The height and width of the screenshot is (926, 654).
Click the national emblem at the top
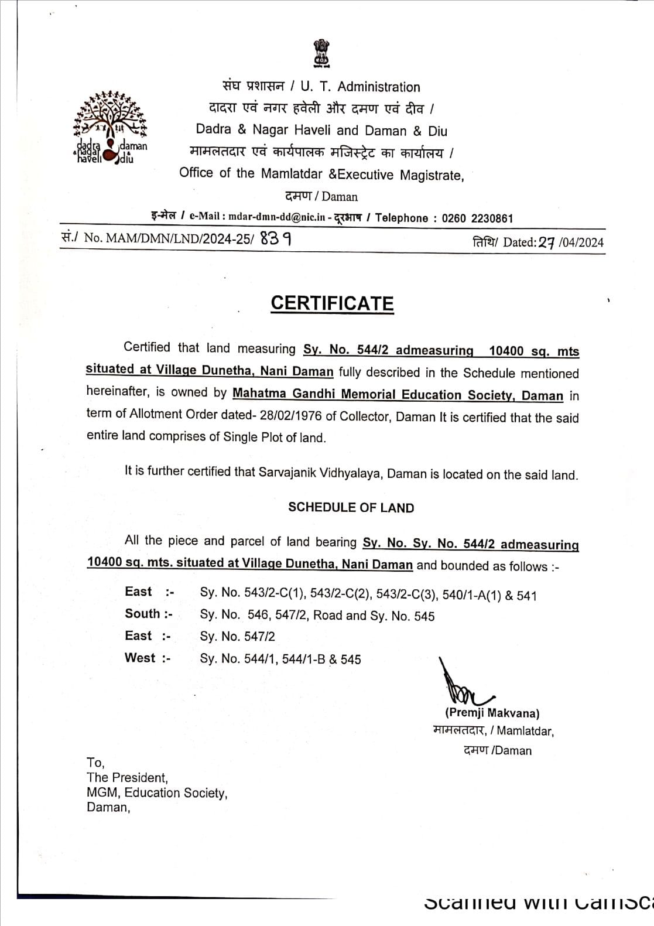tap(321, 53)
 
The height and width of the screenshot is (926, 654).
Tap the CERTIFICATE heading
tap(332, 303)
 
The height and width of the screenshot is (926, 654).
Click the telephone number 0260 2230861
tap(477, 218)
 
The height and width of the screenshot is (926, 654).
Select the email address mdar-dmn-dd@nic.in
tap(276, 217)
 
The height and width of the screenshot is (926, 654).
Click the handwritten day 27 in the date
tap(546, 243)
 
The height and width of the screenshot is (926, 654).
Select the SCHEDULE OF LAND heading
tap(351, 508)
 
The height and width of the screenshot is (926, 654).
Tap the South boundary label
tap(148, 614)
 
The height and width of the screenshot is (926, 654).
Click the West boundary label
tap(147, 658)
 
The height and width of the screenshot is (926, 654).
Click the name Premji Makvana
tap(492, 713)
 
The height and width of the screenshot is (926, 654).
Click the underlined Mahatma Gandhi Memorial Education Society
tap(398, 394)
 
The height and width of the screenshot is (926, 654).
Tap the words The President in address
tap(127, 778)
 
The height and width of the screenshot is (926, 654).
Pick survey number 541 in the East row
tap(527, 596)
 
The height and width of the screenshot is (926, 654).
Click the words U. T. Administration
tap(360, 87)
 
